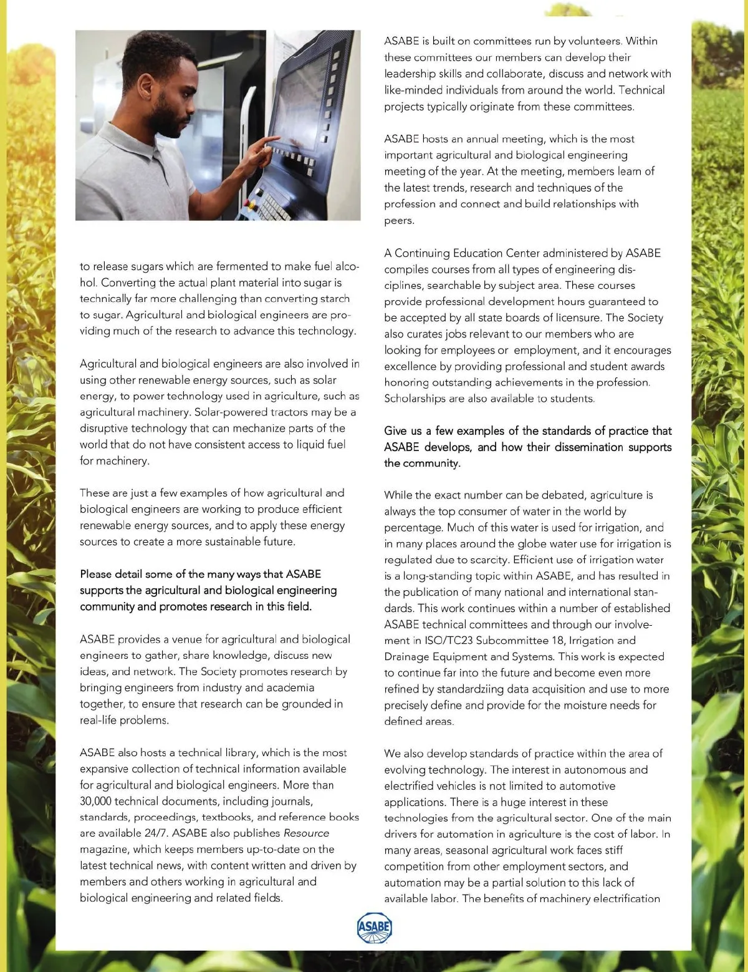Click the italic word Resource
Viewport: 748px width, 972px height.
pyautogui.click(x=306, y=833)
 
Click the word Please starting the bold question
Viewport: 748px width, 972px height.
pyautogui.click(x=97, y=574)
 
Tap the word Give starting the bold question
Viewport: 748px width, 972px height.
pyautogui.click(x=396, y=430)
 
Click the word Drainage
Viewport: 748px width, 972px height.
pyautogui.click(x=409, y=656)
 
